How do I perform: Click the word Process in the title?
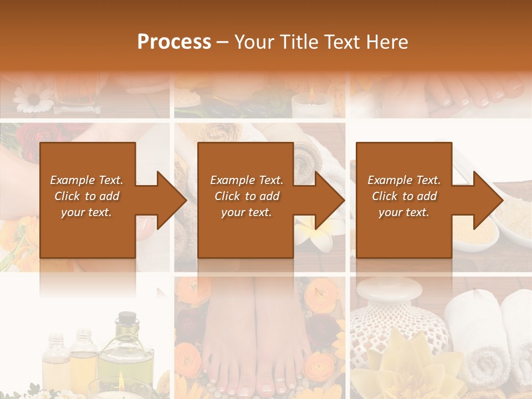pos(174,42)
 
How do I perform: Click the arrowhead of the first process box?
pos(171,200)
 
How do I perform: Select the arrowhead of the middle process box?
pos(329,200)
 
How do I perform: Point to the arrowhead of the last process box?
pos(488,200)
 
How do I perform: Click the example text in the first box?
pos(86,196)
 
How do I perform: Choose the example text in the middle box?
pos(247,196)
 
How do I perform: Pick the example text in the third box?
pos(404,196)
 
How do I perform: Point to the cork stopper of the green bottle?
pos(127,318)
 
